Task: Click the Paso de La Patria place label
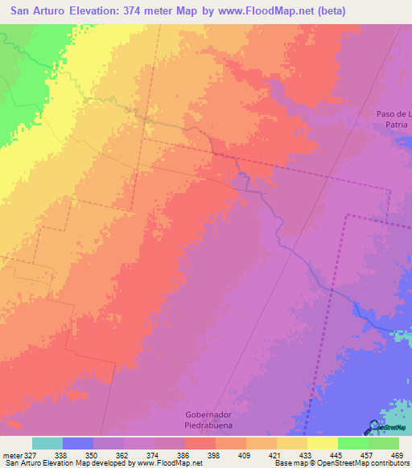tap(394, 119)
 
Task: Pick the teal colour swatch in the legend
tap(47, 443)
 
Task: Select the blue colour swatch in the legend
tap(78, 443)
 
